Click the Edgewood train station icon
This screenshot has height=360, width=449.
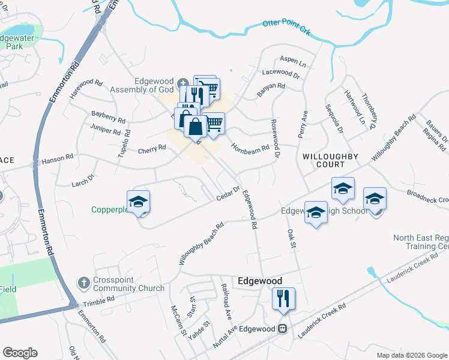pyautogui.click(x=281, y=329)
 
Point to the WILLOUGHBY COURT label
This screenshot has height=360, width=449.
pyautogui.click(x=331, y=160)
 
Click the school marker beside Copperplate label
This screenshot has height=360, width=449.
pyautogui.click(x=137, y=202)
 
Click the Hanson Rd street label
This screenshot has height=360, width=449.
pyautogui.click(x=57, y=158)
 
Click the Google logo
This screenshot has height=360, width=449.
pyautogui.click(x=20, y=353)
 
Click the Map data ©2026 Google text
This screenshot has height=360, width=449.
pyautogui.click(x=411, y=355)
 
